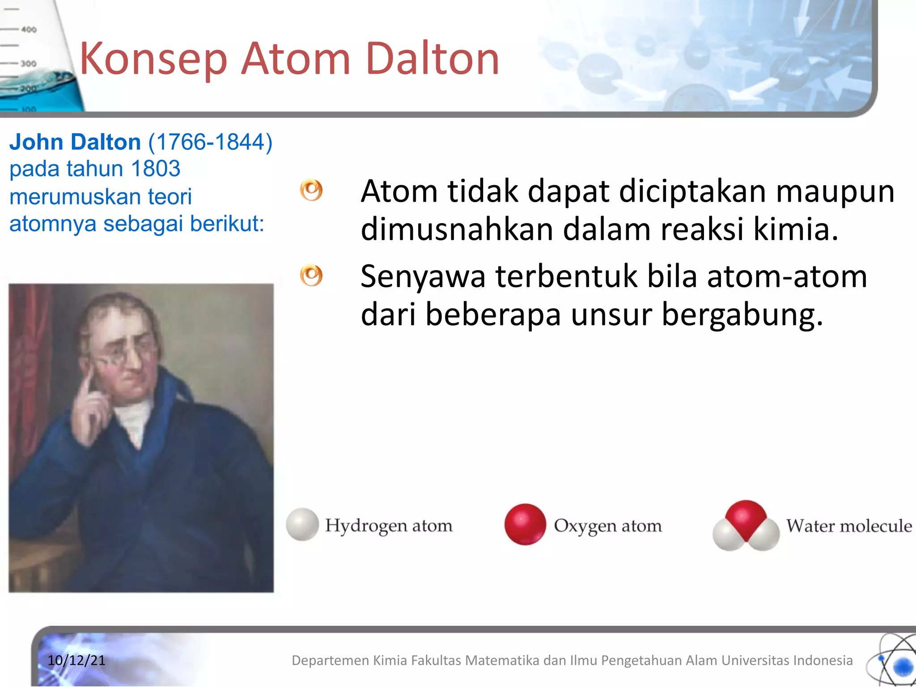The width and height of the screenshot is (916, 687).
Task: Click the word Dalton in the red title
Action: click(x=432, y=59)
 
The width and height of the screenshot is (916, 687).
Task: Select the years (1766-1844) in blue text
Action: click(x=210, y=142)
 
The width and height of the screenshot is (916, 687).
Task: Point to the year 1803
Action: click(x=156, y=169)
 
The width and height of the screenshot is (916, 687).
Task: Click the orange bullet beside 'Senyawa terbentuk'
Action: click(x=311, y=275)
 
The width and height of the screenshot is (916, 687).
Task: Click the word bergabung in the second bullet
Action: click(x=742, y=314)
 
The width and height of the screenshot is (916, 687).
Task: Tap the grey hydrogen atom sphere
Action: click(x=302, y=524)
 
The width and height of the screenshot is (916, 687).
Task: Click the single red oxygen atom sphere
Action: click(x=525, y=524)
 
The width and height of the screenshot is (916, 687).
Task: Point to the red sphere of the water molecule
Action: click(x=746, y=519)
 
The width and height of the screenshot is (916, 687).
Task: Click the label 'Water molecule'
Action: click(x=849, y=526)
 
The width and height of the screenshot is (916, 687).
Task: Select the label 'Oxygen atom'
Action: click(x=607, y=526)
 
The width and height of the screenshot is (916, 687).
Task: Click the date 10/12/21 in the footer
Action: click(x=76, y=660)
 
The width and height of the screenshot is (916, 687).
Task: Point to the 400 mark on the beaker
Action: click(x=29, y=30)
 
